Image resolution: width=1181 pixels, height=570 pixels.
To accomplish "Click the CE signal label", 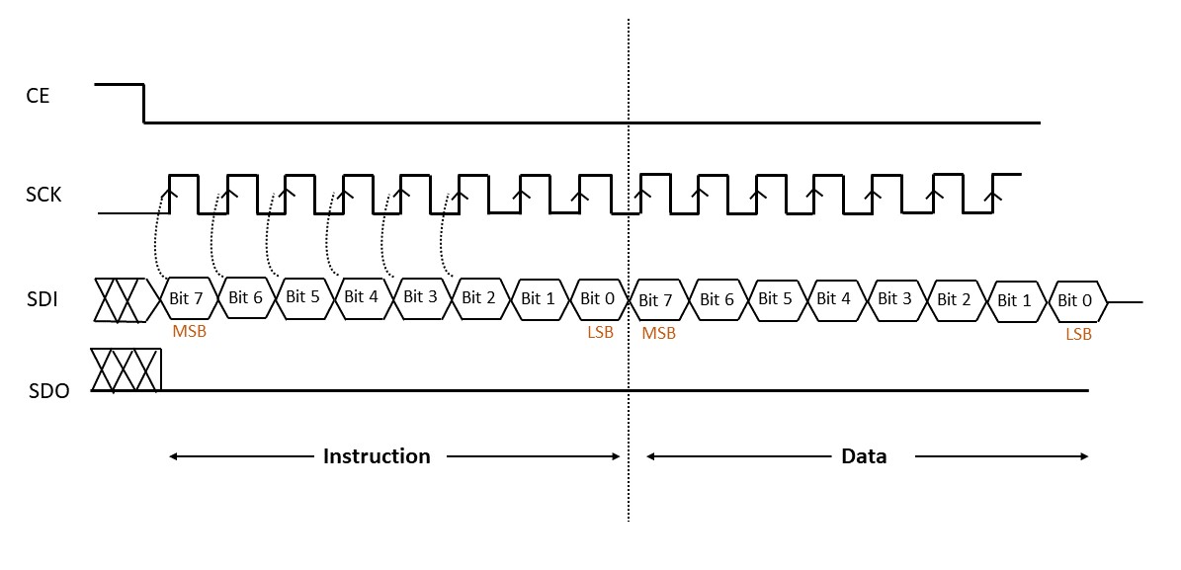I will pos(38,96).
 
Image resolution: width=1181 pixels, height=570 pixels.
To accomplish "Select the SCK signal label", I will pos(43,194).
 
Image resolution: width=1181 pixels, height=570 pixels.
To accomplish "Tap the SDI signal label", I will pos(42,297).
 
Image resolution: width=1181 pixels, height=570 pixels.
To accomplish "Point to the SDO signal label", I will pos(48,390).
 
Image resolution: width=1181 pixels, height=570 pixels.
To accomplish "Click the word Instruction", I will pos(377,456).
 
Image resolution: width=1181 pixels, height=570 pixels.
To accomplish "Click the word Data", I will pos(863,456).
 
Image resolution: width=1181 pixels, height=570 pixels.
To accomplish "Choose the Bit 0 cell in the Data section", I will pos(1074,300).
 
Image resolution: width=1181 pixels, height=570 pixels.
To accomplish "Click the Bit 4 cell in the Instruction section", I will pos(360,296).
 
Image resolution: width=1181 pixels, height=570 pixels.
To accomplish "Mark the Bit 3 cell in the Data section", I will pos(894,298).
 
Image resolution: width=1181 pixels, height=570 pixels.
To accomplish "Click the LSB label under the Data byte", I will pos(1078,334).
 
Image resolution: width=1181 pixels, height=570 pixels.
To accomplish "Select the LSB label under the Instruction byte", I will pos(600,332).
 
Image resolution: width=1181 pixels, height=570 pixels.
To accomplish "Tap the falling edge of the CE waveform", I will pos(144,104).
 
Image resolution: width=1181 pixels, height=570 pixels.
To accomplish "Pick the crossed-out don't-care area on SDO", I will pos(126,369).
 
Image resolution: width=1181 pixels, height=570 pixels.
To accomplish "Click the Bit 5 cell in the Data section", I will pos(776,298).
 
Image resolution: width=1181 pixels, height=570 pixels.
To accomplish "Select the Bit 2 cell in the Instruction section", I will pos(478,297).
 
